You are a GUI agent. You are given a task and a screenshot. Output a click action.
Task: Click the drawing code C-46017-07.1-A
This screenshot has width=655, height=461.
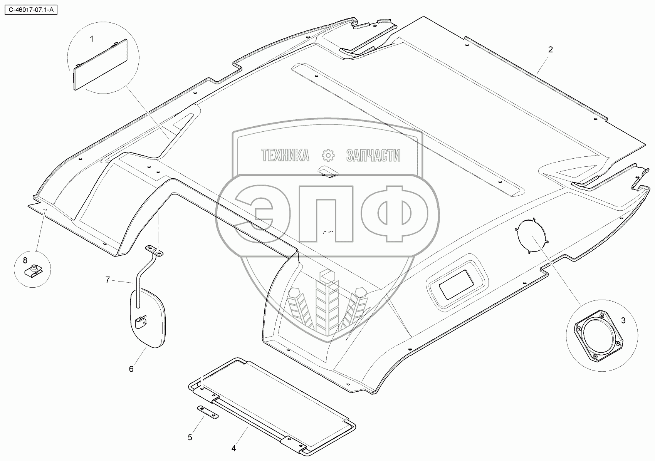coord(29,8)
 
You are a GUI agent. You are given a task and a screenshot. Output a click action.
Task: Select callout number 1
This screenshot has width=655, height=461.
coord(92,39)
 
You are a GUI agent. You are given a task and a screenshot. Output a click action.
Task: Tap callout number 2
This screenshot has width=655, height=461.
coord(551,49)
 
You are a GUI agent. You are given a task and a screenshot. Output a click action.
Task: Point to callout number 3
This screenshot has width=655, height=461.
coord(623,320)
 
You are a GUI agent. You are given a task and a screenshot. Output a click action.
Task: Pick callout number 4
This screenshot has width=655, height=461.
coord(233,448)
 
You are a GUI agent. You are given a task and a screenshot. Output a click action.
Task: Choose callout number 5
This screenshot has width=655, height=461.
coord(190,437)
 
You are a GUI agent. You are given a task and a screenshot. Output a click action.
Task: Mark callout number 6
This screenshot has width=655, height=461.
coord(131,369)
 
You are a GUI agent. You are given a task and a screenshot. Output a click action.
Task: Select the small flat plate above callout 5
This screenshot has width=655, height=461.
coord(207,412)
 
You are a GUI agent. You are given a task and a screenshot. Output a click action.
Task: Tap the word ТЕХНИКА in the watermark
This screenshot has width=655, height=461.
coord(285,156)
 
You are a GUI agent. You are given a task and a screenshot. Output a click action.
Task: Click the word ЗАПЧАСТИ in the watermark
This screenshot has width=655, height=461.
coord(373,156)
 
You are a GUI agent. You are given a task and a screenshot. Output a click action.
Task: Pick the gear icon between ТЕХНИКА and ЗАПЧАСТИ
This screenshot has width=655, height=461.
coord(328,155)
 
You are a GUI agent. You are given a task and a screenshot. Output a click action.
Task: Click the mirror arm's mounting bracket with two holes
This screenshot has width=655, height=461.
coord(155,250)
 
